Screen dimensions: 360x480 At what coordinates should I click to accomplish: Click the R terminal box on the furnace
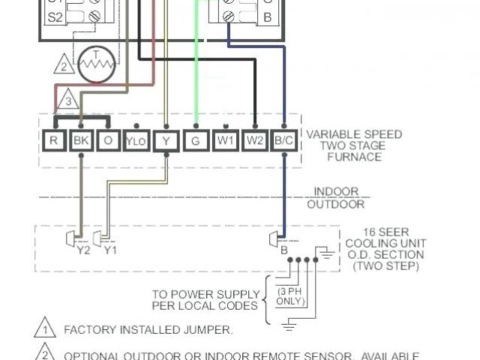point(55,139)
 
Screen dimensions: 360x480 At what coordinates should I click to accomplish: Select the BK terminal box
point(80,139)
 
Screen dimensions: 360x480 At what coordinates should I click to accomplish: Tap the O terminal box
point(107,139)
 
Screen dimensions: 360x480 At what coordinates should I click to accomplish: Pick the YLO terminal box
point(136,140)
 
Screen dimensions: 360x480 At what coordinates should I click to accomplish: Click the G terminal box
point(196,139)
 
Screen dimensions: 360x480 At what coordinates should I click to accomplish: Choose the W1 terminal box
point(224,139)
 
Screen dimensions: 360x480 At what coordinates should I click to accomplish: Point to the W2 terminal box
point(254,139)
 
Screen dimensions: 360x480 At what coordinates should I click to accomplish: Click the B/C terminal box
point(283,139)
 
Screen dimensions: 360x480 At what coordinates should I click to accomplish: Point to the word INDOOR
point(336,192)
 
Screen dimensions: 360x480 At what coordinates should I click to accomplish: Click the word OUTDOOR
point(336,204)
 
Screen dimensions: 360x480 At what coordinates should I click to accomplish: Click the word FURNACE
point(354,157)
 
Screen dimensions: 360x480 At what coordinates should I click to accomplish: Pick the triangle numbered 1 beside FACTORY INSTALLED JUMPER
point(44,328)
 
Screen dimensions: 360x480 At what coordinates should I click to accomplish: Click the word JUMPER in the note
point(211,330)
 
